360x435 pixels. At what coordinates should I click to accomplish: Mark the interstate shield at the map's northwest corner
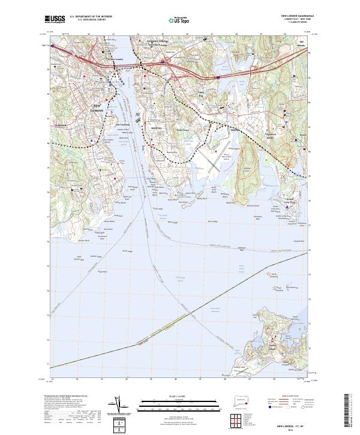(x=52, y=46)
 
